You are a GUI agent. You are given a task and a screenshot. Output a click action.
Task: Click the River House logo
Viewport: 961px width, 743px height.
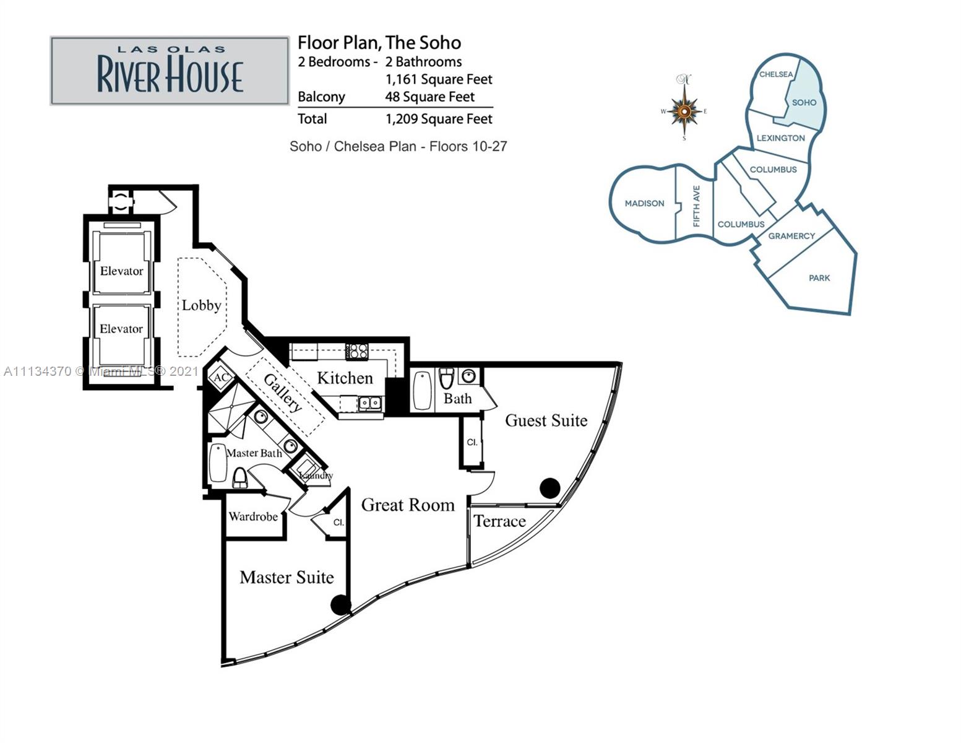(170, 71)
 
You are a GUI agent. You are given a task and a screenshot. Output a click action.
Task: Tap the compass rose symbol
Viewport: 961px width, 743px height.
(684, 110)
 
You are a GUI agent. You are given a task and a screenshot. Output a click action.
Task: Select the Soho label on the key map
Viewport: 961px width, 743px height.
(804, 103)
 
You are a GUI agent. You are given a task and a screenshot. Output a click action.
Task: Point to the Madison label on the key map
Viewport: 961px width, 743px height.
(644, 204)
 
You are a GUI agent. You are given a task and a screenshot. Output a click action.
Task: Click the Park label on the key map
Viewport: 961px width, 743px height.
(819, 278)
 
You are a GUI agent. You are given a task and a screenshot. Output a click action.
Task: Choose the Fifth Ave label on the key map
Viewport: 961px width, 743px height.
(697, 206)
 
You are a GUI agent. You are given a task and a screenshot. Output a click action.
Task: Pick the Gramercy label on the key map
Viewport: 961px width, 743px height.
(791, 236)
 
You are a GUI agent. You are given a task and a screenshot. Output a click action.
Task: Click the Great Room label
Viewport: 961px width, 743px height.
(408, 505)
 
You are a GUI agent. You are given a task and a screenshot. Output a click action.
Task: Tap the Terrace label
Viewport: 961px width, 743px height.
(500, 521)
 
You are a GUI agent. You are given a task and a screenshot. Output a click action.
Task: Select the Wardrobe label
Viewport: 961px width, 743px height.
(253, 516)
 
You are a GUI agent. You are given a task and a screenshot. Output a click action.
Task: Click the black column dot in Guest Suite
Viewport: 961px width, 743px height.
(549, 488)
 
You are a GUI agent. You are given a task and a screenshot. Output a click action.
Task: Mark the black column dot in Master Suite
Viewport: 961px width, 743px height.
(341, 605)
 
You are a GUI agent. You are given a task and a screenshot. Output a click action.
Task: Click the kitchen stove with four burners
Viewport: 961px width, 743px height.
(357, 351)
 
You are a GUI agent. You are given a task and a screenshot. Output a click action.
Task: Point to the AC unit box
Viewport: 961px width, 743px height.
(221, 377)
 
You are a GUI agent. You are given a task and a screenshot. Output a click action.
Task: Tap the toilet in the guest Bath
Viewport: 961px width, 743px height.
(447, 379)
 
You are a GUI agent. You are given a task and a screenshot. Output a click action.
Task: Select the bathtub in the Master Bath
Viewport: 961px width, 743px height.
(218, 463)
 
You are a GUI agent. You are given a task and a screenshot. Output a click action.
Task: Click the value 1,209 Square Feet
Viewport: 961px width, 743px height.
(439, 119)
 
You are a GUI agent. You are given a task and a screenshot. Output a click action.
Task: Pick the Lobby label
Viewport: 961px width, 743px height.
(201, 305)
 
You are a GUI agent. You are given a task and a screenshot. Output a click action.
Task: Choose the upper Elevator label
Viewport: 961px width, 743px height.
(122, 271)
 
